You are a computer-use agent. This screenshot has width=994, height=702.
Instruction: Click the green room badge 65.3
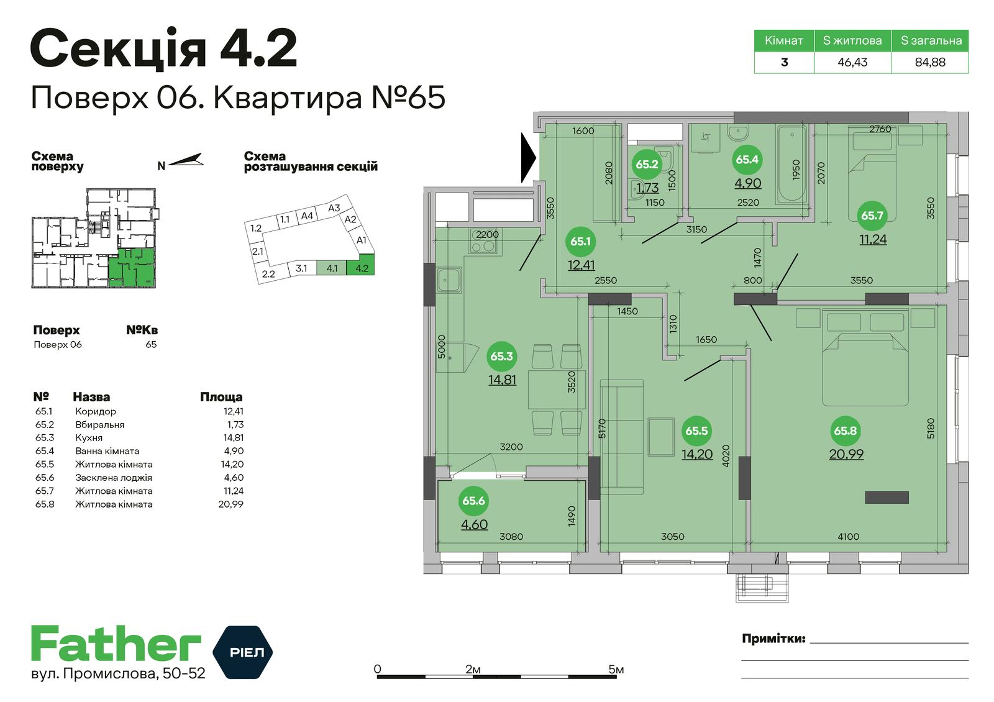(501, 357)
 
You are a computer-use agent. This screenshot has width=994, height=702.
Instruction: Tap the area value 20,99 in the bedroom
(846, 454)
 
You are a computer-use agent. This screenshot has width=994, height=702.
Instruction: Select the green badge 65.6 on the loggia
(473, 501)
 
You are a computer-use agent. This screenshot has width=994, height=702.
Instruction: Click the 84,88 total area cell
(930, 62)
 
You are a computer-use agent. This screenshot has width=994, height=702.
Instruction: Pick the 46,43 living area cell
(852, 62)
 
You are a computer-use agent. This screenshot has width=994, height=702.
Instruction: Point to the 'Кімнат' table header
(784, 41)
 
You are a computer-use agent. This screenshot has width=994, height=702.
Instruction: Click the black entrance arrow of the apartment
(528, 158)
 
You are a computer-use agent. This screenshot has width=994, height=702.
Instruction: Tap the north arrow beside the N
(186, 160)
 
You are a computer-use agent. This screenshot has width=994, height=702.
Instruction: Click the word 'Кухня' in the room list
(89, 438)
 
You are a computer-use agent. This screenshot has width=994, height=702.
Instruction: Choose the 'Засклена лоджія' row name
(114, 478)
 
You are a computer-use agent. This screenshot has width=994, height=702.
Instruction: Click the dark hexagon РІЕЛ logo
(243, 652)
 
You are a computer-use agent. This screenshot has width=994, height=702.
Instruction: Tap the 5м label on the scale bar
(616, 670)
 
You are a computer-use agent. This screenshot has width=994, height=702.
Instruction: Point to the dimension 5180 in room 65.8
(930, 429)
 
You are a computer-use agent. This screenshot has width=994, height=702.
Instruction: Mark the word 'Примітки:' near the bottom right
(773, 639)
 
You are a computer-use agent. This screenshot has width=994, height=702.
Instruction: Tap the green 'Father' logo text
(116, 644)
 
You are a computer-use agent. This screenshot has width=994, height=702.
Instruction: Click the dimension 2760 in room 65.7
(880, 129)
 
